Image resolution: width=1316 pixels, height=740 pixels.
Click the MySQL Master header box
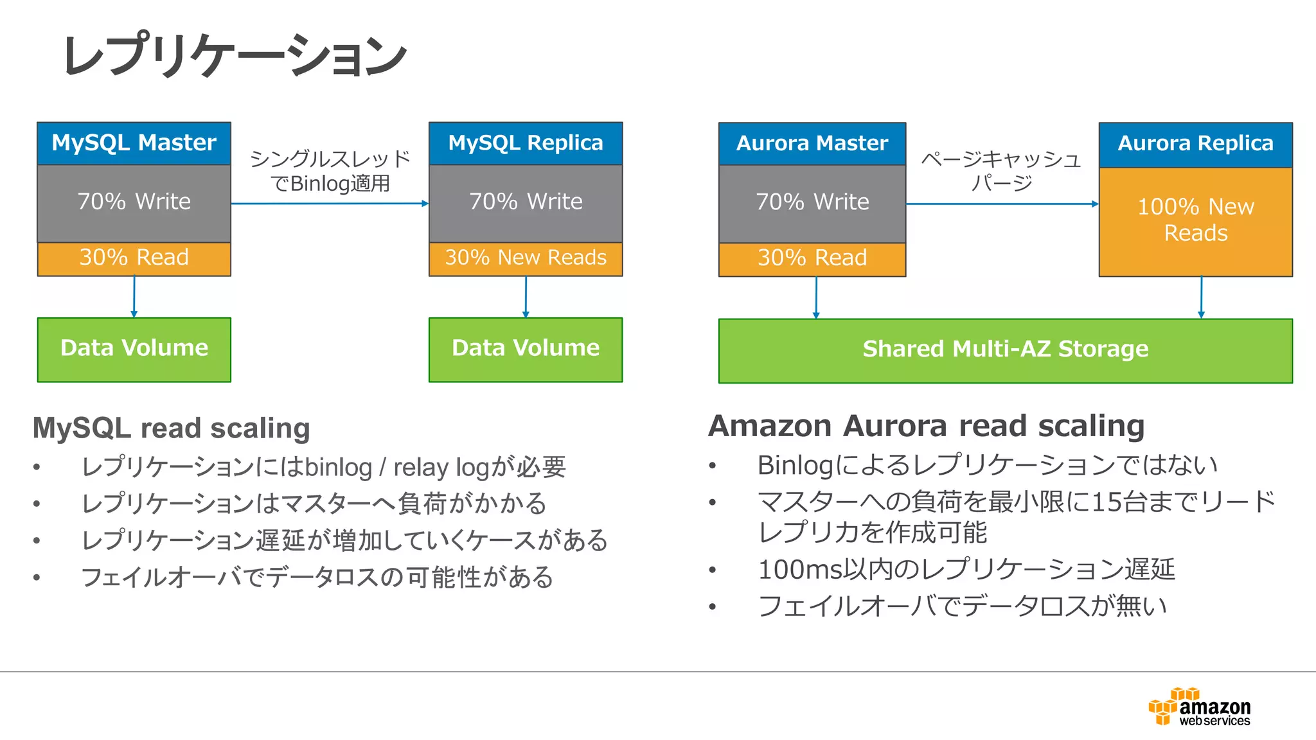click(134, 143)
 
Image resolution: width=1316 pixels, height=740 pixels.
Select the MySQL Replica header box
click(526, 143)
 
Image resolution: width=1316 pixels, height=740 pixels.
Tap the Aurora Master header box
click(812, 144)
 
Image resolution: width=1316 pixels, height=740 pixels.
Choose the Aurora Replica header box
click(1195, 144)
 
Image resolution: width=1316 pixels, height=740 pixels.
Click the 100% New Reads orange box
click(1195, 221)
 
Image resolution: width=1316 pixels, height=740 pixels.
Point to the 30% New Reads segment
click(526, 258)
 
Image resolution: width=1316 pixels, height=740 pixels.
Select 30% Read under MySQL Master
click(134, 258)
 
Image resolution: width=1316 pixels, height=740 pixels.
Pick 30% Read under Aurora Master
click(812, 258)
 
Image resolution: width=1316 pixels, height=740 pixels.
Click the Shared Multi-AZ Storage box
click(1005, 350)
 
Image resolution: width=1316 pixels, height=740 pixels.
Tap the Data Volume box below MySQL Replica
click(526, 349)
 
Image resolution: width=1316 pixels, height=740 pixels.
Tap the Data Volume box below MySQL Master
click(134, 349)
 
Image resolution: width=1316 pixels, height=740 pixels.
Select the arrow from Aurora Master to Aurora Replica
click(1002, 204)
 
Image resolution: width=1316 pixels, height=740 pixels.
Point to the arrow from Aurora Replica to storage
click(1201, 297)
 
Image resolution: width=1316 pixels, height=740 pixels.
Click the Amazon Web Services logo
click(1200, 707)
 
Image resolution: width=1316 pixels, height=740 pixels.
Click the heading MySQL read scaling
click(172, 428)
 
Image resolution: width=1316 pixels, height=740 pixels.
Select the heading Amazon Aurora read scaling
click(926, 426)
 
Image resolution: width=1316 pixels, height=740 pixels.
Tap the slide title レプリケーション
click(235, 55)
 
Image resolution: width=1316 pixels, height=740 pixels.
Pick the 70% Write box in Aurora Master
click(812, 203)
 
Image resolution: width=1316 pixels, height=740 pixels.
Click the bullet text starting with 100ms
click(966, 570)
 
